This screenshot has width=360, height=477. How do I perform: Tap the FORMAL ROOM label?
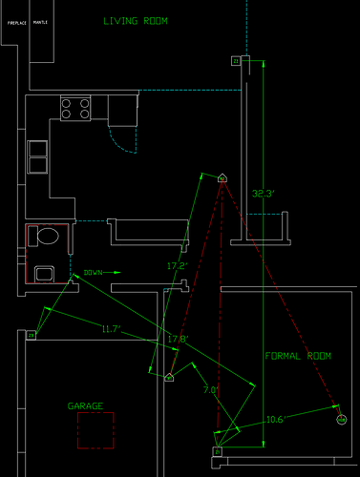(298, 356)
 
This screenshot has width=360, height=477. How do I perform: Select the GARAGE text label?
(85, 405)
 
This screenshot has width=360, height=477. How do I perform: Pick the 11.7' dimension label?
(111, 329)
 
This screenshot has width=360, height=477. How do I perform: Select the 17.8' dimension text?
(178, 339)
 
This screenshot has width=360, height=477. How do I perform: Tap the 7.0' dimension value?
(211, 389)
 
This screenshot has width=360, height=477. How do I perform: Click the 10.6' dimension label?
(278, 418)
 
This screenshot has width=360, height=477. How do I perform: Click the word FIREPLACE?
(16, 20)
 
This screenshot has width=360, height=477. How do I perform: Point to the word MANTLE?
(41, 20)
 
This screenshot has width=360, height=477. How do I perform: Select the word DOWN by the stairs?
(92, 272)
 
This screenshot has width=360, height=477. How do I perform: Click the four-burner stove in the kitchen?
(75, 108)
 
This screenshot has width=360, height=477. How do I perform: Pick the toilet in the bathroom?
(46, 237)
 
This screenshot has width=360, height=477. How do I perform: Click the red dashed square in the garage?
(95, 429)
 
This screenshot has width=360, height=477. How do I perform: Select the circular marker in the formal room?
(342, 420)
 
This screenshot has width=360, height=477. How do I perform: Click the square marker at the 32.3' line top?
(236, 61)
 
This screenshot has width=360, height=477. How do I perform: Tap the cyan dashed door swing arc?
(122, 143)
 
